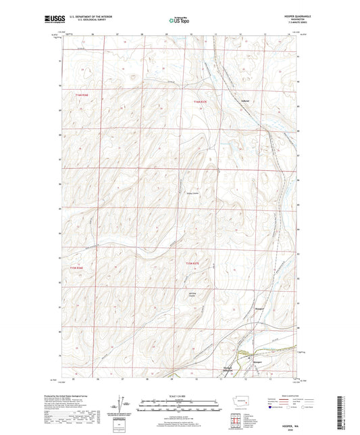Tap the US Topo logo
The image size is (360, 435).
click(178, 21)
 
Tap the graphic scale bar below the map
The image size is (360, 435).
click(179, 408)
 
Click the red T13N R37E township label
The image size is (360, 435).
click(194, 264)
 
